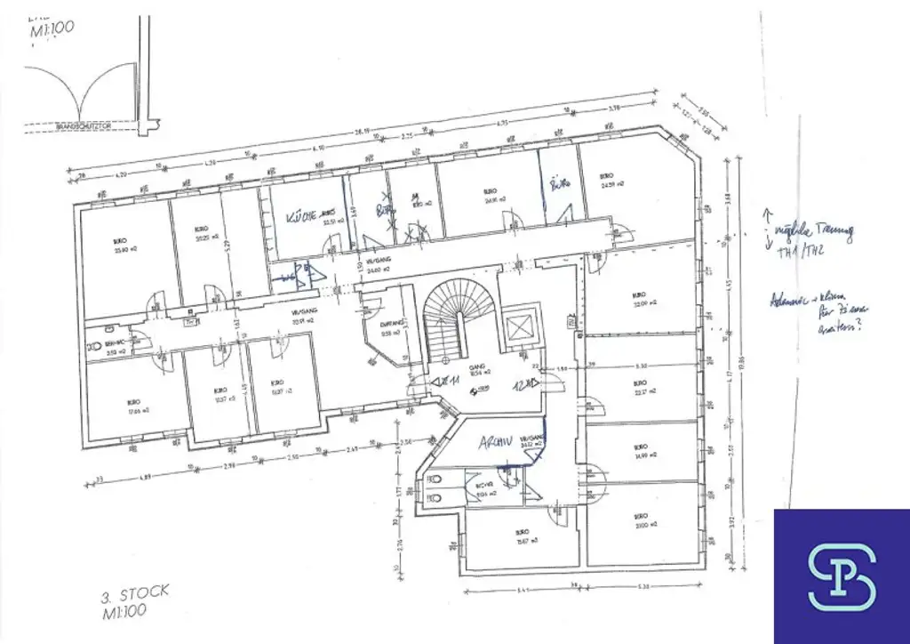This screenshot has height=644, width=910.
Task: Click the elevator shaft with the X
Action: (519, 327)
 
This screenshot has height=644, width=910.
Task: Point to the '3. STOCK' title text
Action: (134, 592)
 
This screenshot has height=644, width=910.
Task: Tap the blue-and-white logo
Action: (842, 576)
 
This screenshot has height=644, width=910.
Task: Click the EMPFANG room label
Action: (391, 328)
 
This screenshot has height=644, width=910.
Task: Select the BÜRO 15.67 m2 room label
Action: (522, 535)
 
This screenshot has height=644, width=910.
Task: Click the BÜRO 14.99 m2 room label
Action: (640, 452)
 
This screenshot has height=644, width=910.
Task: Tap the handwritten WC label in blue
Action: (288, 278)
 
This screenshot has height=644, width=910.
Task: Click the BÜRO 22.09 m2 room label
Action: (640, 299)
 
